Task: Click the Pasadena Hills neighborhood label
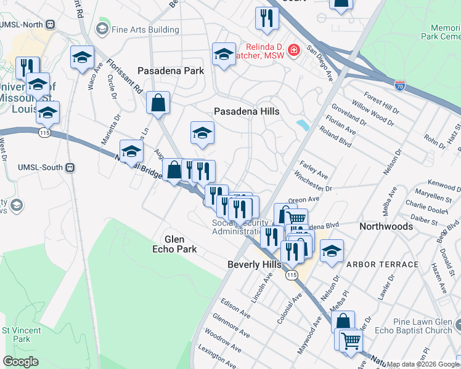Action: pos(247,111)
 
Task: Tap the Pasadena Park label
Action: pos(171,71)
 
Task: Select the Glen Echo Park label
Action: pos(175,244)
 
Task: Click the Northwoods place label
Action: pos(386,226)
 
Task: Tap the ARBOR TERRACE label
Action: pos(382,264)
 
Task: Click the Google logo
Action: pos(20,362)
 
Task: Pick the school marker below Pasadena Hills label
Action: pos(202,133)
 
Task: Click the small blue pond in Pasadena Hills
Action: pos(303,125)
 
